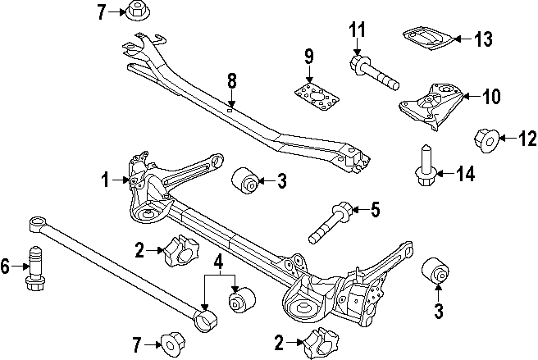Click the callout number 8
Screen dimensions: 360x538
pyautogui.click(x=231, y=80)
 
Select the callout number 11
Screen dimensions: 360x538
pyautogui.click(x=356, y=32)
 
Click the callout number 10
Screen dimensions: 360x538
pyautogui.click(x=490, y=98)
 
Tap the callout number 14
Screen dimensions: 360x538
pyautogui.click(x=466, y=173)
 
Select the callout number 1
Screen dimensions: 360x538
pyautogui.click(x=104, y=177)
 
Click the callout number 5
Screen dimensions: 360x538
pyautogui.click(x=374, y=210)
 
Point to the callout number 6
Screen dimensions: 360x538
pyautogui.click(x=7, y=266)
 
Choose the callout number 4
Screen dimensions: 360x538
pyautogui.click(x=219, y=263)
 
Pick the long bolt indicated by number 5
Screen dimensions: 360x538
pyautogui.click(x=332, y=223)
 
